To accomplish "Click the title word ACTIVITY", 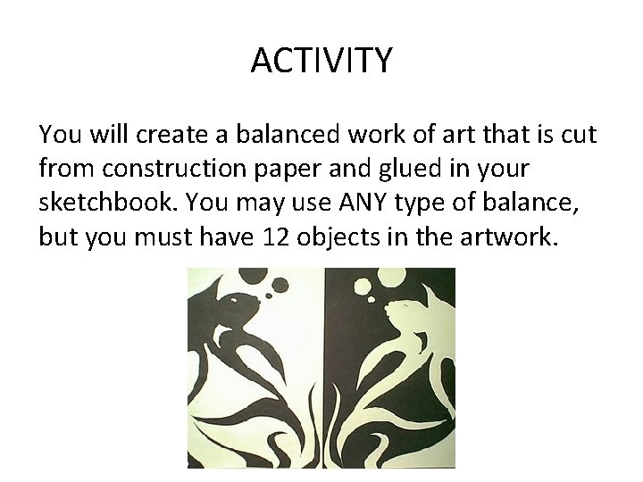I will coord(321,61).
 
